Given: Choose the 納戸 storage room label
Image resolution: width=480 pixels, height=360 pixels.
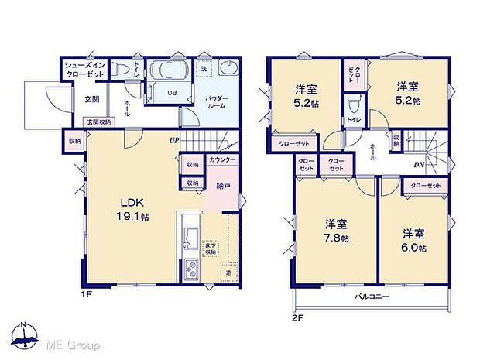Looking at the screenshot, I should pyautogui.click(x=223, y=186).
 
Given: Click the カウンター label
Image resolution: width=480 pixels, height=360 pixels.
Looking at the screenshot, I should pyautogui.click(x=222, y=159).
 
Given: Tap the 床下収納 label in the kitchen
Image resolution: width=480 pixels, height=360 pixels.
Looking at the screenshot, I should pyautogui.click(x=211, y=249).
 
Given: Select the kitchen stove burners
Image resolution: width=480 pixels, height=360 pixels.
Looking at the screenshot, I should pyautogui.click(x=190, y=271).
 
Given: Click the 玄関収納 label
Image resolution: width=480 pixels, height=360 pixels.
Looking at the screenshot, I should pyautogui.click(x=98, y=122).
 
